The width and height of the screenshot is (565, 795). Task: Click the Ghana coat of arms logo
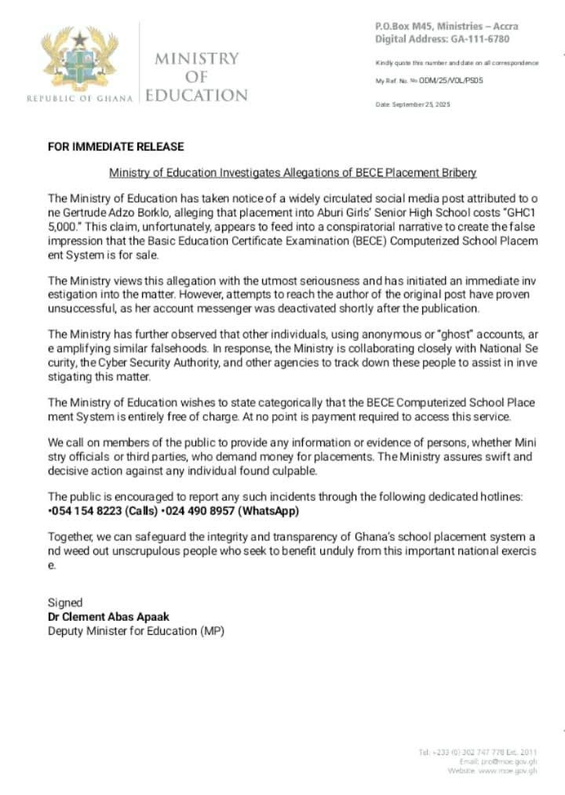point(79,60)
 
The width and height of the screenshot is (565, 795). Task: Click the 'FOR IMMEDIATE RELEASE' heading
point(116,147)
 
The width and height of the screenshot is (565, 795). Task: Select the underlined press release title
point(293,172)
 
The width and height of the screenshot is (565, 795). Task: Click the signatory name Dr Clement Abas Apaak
point(108,616)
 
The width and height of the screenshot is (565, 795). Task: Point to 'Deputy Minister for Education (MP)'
point(136,630)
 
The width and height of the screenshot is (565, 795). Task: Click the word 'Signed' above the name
point(65,602)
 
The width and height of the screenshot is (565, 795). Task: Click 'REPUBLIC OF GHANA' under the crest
point(79,98)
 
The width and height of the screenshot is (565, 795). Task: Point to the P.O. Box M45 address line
point(446,26)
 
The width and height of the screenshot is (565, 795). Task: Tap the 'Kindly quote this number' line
point(456,63)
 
